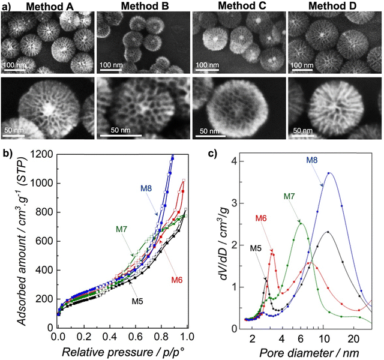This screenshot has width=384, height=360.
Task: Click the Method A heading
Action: click(x=48, y=7)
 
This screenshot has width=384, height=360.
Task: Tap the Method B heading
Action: click(x=144, y=7)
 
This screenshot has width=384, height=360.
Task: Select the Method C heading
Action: click(x=239, y=7)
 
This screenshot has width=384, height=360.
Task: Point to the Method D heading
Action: click(x=334, y=7)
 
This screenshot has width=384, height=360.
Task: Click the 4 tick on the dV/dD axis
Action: click(x=223, y=161)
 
